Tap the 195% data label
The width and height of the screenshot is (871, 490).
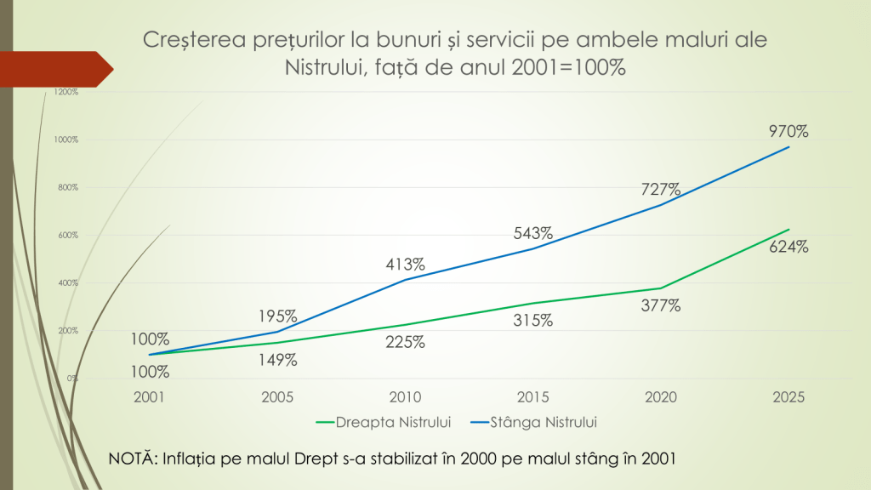pos(278,316)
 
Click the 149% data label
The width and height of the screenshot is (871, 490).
pos(278,361)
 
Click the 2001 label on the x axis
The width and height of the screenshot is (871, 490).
pos(151,397)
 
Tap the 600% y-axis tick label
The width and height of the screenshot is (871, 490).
pos(69,235)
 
